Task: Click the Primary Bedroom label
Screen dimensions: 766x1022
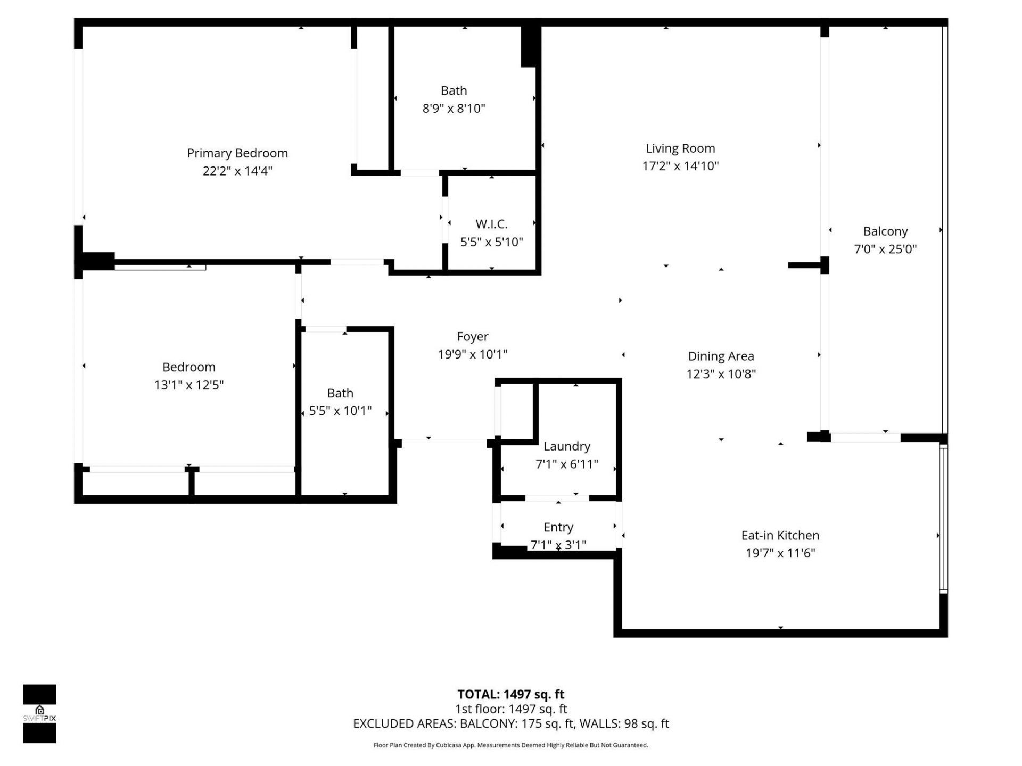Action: pyautogui.click(x=237, y=153)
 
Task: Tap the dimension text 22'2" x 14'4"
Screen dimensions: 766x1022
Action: pyautogui.click(x=237, y=171)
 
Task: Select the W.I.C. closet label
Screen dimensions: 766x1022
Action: pyautogui.click(x=491, y=224)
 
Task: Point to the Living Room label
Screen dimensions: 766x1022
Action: pyautogui.click(x=680, y=148)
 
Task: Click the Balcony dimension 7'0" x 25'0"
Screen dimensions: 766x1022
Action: pyautogui.click(x=885, y=249)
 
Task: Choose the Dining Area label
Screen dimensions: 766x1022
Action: pyautogui.click(x=721, y=356)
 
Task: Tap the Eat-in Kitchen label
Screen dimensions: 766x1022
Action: pyautogui.click(x=780, y=535)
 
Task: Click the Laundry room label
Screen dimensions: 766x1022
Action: pyautogui.click(x=566, y=446)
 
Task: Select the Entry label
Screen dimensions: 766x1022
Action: pyautogui.click(x=558, y=527)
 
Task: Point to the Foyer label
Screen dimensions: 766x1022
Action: pyautogui.click(x=472, y=337)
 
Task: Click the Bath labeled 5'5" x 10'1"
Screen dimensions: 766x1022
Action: pyautogui.click(x=340, y=393)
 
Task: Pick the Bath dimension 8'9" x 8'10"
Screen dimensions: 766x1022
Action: pyautogui.click(x=454, y=109)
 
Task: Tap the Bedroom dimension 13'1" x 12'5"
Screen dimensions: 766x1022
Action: pyautogui.click(x=189, y=385)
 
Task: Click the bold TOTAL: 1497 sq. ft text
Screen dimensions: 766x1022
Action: pyautogui.click(x=510, y=694)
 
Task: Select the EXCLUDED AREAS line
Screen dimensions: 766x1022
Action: pyautogui.click(x=510, y=723)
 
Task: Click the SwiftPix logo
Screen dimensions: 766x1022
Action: pyautogui.click(x=39, y=713)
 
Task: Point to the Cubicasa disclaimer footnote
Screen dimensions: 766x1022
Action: pyautogui.click(x=510, y=745)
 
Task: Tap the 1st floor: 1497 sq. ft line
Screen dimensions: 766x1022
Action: pyautogui.click(x=510, y=709)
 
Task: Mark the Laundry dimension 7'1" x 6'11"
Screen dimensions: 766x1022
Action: pyautogui.click(x=566, y=464)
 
